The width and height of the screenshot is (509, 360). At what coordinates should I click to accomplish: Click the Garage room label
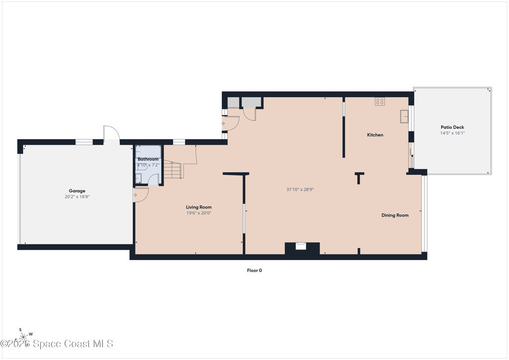[77, 191]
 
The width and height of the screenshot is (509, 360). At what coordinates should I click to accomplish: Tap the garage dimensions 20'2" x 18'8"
[77, 197]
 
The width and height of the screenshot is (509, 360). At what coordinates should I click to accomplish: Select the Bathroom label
[148, 159]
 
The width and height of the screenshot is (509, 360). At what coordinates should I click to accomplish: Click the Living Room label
[199, 207]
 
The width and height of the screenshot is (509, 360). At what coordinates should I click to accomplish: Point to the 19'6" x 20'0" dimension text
[199, 213]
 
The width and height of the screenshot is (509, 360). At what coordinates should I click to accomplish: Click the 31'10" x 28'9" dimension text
[300, 189]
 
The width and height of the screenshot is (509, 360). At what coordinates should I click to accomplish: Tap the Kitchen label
[375, 135]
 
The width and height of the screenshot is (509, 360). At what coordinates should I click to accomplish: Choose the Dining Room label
[395, 215]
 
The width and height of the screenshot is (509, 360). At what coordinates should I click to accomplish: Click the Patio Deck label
[452, 127]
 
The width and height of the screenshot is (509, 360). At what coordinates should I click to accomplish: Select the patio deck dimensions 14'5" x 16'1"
[452, 133]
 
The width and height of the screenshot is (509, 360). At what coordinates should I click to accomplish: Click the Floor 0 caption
[254, 270]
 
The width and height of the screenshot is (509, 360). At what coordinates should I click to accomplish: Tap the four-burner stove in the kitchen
[380, 101]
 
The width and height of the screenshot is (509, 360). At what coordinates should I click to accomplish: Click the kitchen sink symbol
[404, 116]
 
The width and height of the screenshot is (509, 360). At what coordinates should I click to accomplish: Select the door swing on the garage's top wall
[112, 132]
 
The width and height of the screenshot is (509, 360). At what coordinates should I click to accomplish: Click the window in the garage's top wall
[84, 142]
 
